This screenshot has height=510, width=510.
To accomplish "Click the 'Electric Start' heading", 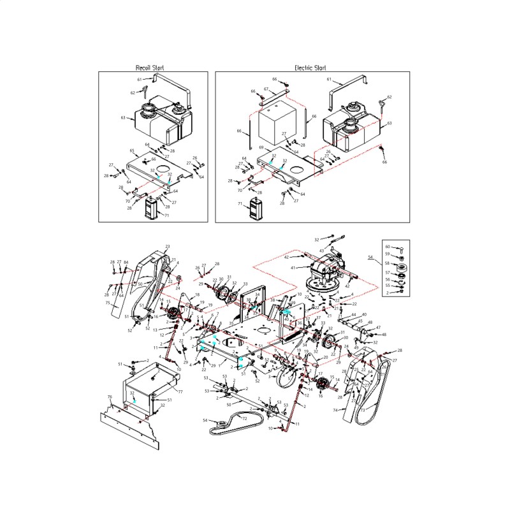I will [x=310, y=68].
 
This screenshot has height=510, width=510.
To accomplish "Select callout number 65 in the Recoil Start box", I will [x=131, y=151].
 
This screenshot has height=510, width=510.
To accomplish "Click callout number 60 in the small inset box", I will [x=387, y=246].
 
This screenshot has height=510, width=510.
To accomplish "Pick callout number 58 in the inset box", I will [x=387, y=263].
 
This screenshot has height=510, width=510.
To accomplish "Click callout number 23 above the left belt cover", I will [x=168, y=247].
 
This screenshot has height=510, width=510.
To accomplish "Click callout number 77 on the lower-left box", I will [x=180, y=391].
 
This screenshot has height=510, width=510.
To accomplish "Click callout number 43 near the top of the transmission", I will [x=323, y=249].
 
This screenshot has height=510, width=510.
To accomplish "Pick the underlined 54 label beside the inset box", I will [x=370, y=257].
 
